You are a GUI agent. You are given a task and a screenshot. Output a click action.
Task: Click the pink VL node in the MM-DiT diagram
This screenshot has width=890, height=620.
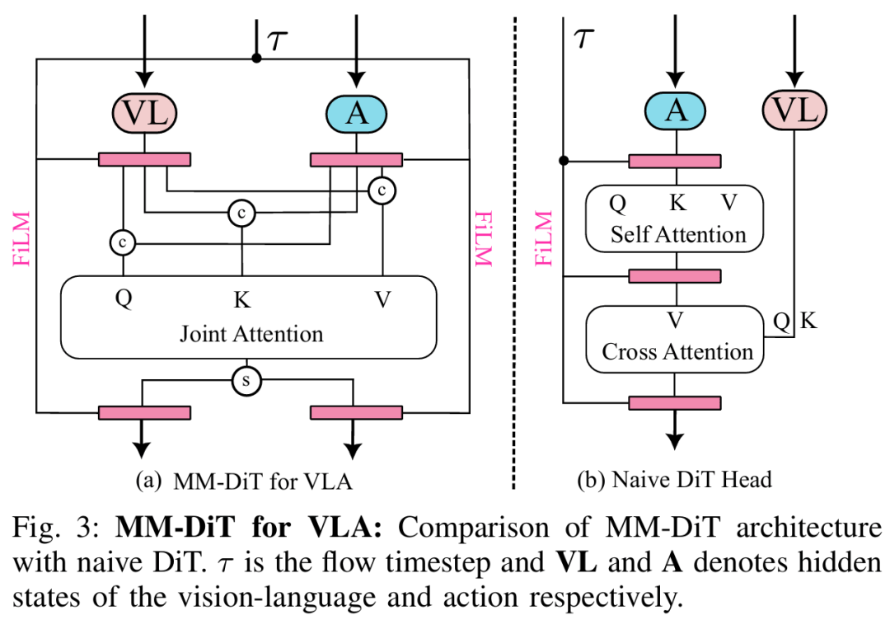[x=145, y=113]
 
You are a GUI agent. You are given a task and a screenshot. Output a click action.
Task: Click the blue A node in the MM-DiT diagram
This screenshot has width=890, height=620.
[x=356, y=113]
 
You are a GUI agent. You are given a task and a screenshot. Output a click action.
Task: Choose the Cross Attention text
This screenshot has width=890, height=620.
[x=677, y=352]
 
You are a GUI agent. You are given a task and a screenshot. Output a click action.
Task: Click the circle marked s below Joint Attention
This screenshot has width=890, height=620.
[x=245, y=381]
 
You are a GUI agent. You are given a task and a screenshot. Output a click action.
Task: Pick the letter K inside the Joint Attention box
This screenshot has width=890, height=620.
[x=241, y=299]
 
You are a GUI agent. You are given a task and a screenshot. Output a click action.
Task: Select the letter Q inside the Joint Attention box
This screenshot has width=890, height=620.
[x=124, y=299]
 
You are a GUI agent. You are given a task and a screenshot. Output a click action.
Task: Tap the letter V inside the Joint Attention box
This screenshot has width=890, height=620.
[x=382, y=299]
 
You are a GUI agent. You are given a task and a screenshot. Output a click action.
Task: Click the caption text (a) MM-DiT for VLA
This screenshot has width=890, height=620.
[x=249, y=480]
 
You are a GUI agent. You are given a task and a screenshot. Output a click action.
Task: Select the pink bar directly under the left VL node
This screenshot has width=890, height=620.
[x=145, y=159]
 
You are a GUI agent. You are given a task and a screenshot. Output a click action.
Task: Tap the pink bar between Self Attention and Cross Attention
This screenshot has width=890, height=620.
[x=675, y=275]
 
